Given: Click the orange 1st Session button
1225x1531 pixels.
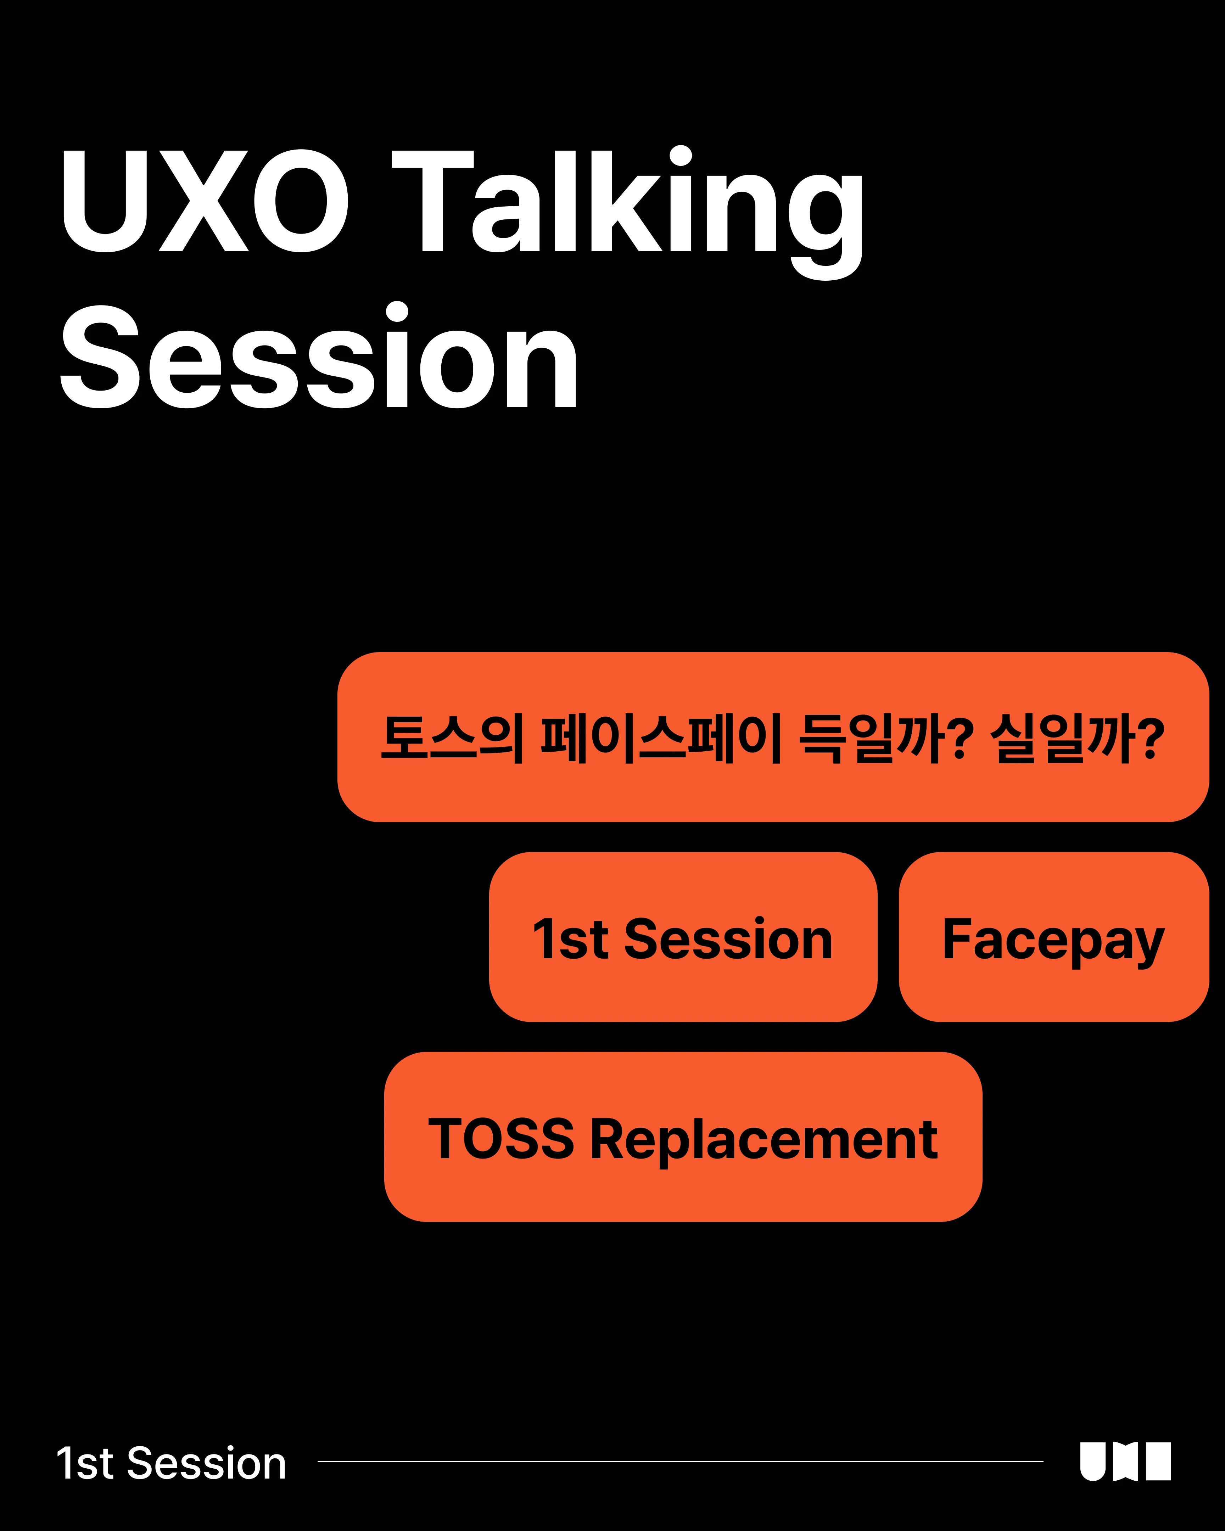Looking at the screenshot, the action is click(683, 937).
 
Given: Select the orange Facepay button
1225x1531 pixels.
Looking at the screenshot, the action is click(1054, 937).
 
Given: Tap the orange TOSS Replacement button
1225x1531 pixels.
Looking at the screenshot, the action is click(683, 1137).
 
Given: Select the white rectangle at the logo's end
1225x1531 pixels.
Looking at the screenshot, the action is click(1159, 1462).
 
